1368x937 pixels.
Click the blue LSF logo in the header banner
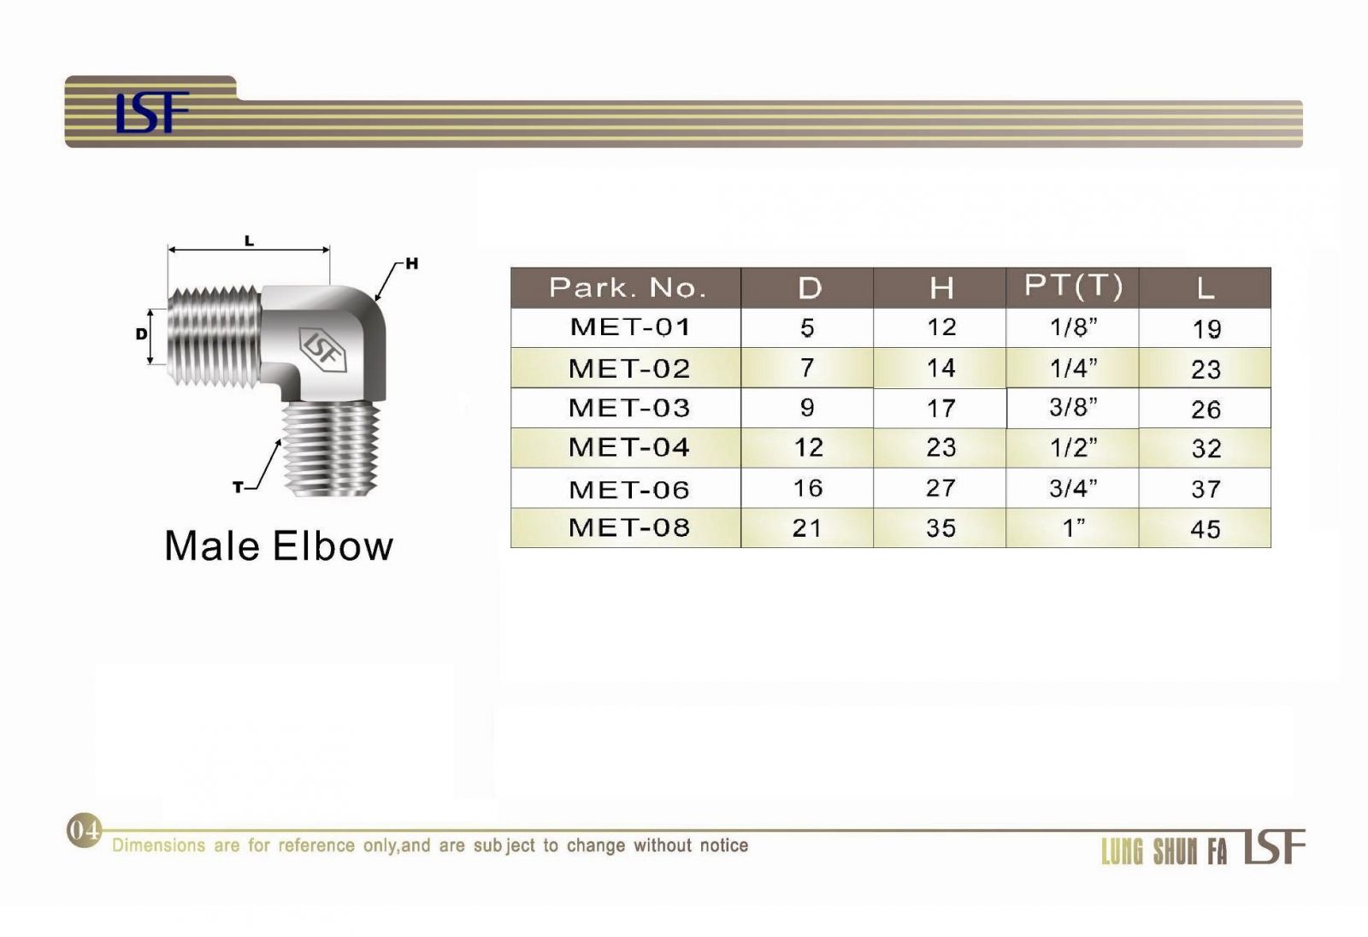pos(152,112)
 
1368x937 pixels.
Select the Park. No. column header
pos(628,288)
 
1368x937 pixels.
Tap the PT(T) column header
pos(1073,285)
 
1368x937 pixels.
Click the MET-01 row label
pos(629,327)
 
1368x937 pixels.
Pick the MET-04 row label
pos(629,447)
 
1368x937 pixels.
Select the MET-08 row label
pos(629,527)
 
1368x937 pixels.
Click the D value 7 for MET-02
pos(807,368)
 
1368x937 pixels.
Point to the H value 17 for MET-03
pos(940,408)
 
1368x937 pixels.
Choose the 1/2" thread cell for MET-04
pos(1073,447)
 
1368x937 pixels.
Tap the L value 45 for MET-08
pos(1206,529)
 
